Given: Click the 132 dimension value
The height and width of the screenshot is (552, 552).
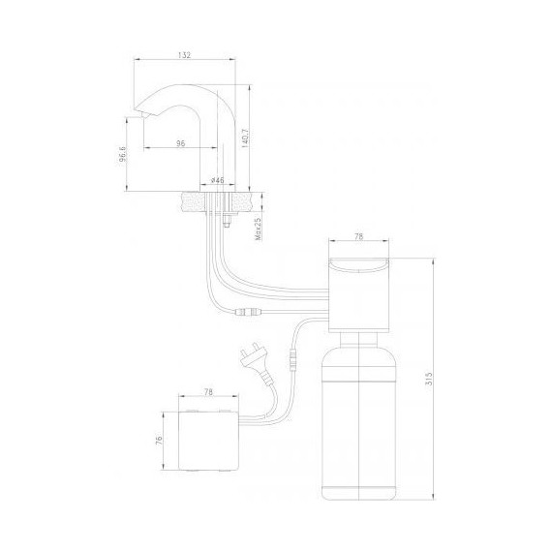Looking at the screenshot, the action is tap(184, 55).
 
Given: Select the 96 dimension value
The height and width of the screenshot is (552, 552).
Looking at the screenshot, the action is tap(180, 143).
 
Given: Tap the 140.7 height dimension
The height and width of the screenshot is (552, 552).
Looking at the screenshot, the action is tap(245, 138).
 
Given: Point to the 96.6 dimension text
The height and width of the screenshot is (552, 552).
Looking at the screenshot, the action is tap(123, 154).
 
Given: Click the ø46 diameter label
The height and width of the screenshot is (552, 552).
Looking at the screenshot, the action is tap(217, 180).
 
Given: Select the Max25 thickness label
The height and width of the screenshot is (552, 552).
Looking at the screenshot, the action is tap(258, 229).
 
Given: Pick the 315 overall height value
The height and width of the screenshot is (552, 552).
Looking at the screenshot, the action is tap(429, 379).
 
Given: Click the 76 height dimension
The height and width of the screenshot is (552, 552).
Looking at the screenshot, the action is tap(159, 440).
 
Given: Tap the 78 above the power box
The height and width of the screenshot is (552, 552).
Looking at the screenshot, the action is tap(208, 392).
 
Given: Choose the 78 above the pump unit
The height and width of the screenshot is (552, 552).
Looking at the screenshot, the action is tap(358, 236).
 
